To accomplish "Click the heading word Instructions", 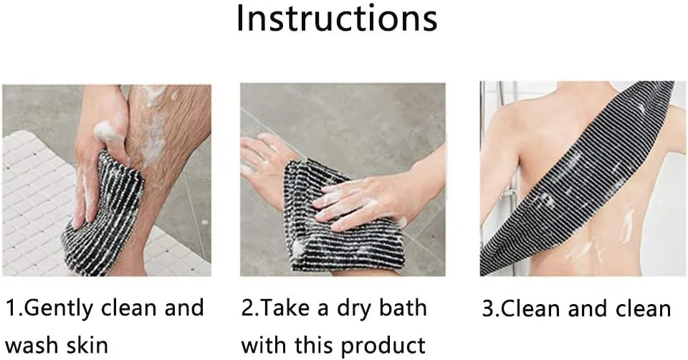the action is [x=337, y=19].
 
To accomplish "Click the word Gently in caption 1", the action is [x=59, y=309].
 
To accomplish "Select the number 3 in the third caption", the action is [x=488, y=308].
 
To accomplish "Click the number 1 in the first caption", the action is [x=11, y=308].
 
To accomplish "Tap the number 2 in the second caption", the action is [x=247, y=308].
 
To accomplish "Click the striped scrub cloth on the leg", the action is [x=105, y=214].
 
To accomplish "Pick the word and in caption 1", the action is [x=184, y=308].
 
